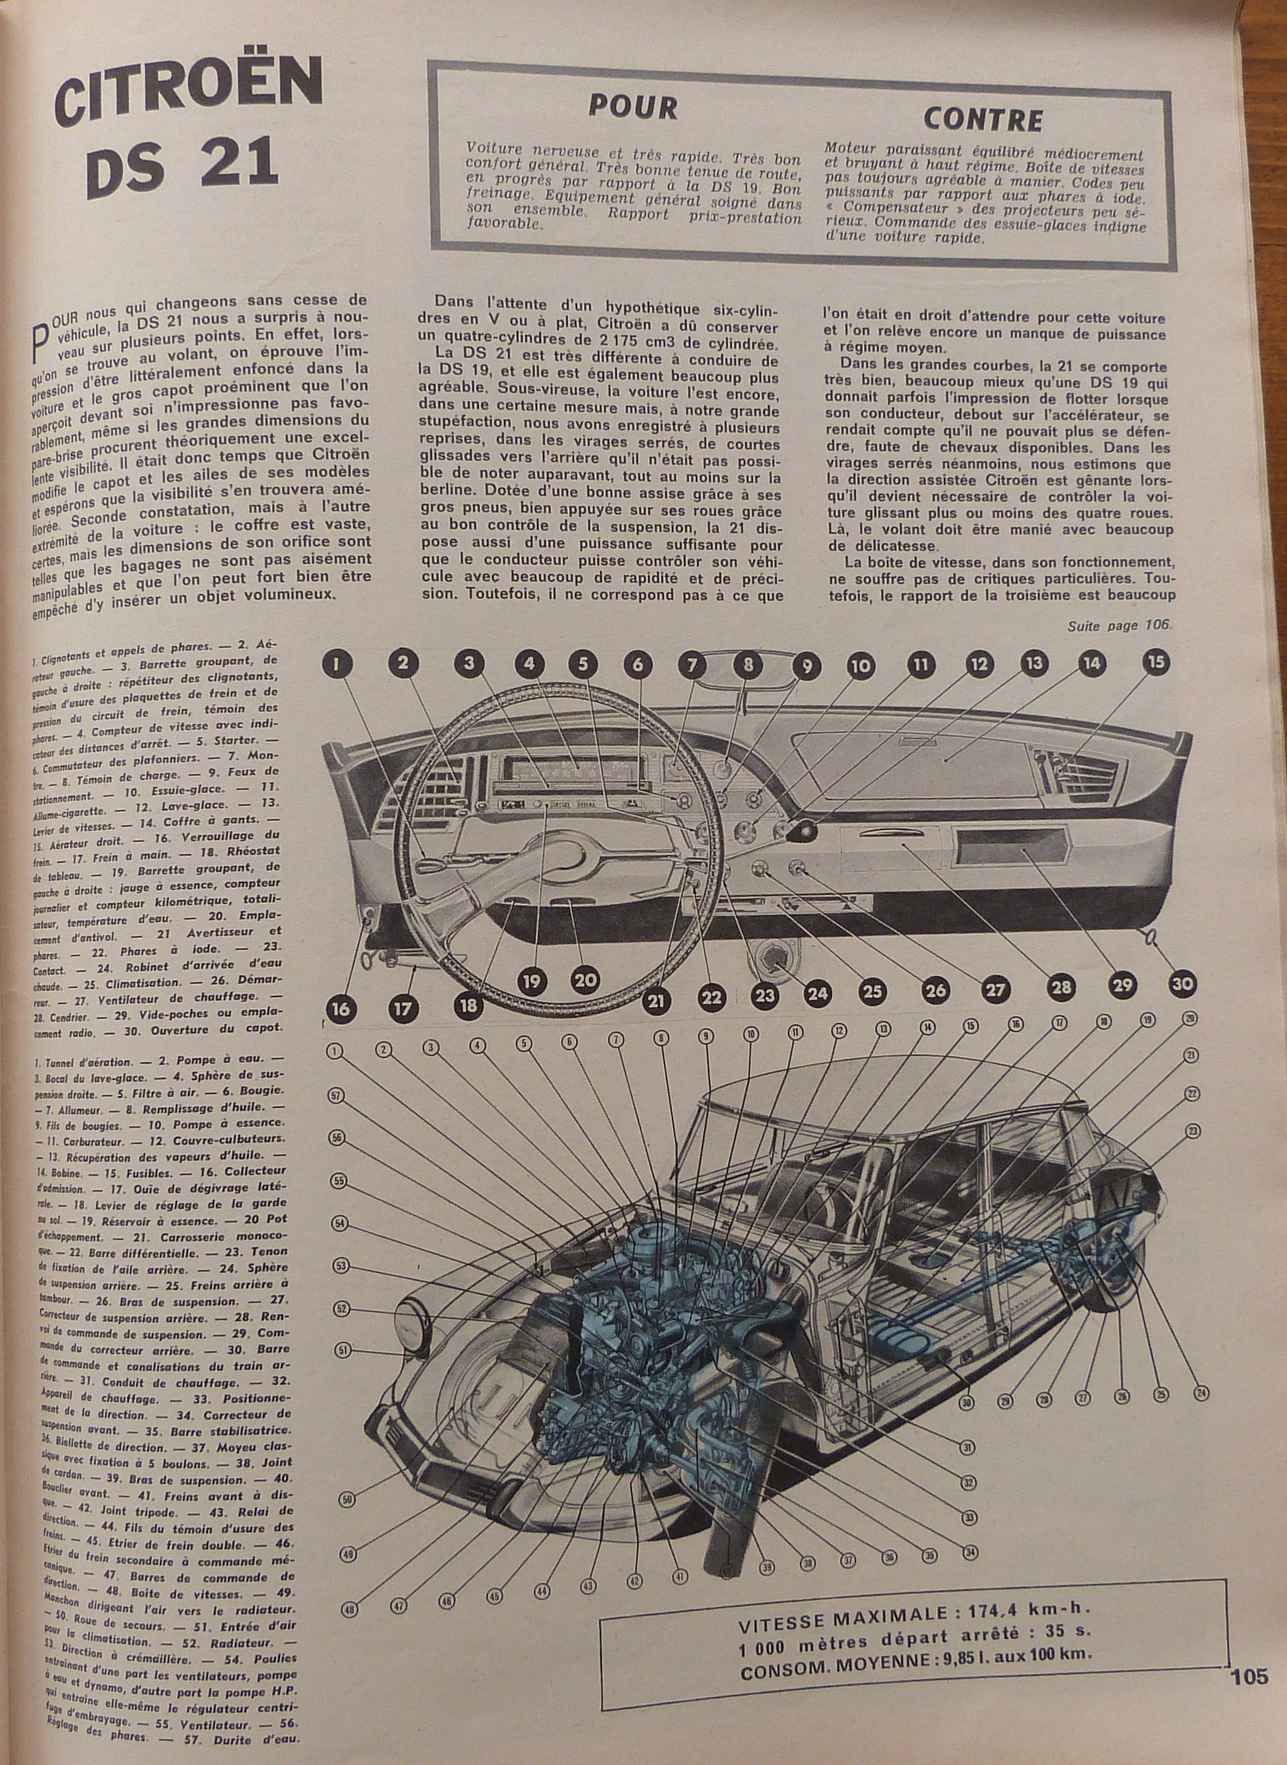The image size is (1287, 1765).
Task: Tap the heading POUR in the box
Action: click(633, 107)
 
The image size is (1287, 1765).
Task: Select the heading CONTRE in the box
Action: click(982, 120)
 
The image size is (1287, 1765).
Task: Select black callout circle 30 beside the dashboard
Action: click(1182, 984)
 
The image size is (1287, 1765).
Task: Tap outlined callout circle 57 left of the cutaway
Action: click(336, 1096)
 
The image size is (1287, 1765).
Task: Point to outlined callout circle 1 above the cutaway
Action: click(336, 1051)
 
